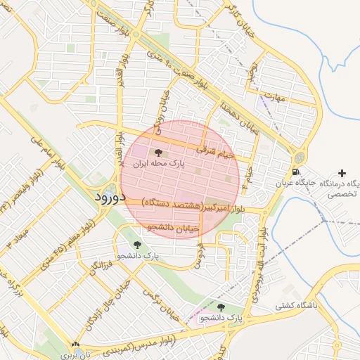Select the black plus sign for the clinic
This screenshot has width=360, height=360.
[x=342, y=172]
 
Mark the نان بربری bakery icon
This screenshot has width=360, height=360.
[x=75, y=344]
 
